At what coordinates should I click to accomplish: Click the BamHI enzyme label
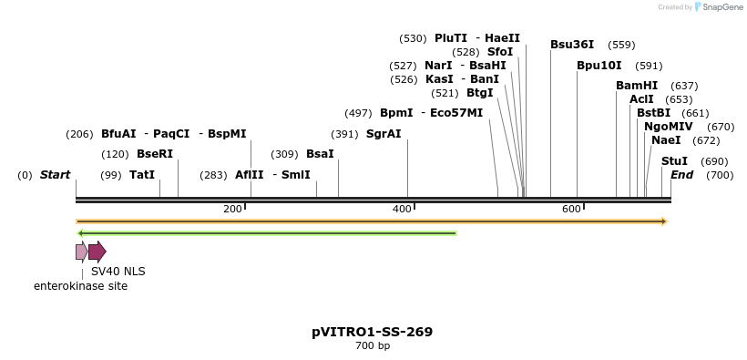point(637,86)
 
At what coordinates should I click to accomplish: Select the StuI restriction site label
point(675,161)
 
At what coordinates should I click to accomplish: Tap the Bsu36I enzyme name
point(572,45)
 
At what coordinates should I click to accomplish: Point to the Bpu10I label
point(599,66)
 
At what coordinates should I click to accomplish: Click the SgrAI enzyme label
point(384,134)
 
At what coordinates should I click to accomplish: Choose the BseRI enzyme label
point(155,154)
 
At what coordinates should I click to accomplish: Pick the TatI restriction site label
point(142,175)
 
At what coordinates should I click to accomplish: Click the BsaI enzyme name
point(321,154)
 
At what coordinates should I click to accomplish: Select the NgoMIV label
point(669,127)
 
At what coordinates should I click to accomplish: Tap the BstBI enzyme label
point(653,113)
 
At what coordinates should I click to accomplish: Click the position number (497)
point(358,113)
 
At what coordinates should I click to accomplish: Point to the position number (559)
point(621,45)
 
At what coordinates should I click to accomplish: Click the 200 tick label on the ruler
point(232,209)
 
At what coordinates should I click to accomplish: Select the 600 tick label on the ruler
point(571,209)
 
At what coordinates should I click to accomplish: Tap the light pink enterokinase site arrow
point(81,252)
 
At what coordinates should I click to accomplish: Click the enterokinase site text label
point(81,286)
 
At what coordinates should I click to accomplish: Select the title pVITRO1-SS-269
point(372,332)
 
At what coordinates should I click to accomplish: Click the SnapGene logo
point(718,7)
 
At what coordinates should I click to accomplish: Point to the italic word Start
point(55,175)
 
